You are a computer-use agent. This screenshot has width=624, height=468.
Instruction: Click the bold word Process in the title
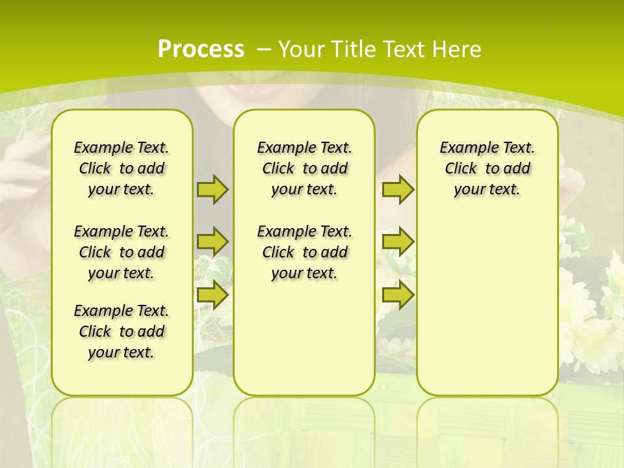click(201, 49)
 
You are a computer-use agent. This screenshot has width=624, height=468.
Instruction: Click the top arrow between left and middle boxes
click(213, 189)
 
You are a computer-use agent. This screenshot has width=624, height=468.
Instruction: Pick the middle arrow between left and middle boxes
click(213, 242)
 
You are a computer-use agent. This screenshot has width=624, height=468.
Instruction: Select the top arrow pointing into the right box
click(398, 189)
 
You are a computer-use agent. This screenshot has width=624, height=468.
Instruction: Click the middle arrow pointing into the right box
click(398, 242)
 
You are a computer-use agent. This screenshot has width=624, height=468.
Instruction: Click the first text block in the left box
click(122, 168)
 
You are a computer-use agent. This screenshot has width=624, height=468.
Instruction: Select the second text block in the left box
click(122, 252)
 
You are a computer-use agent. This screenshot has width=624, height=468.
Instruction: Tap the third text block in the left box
click(122, 331)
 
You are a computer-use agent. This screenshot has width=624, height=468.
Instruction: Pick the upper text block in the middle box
click(304, 168)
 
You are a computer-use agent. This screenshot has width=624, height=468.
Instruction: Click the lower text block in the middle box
click(304, 252)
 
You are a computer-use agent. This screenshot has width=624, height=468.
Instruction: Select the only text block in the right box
click(487, 168)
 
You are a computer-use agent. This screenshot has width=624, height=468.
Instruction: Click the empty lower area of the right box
click(487, 312)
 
